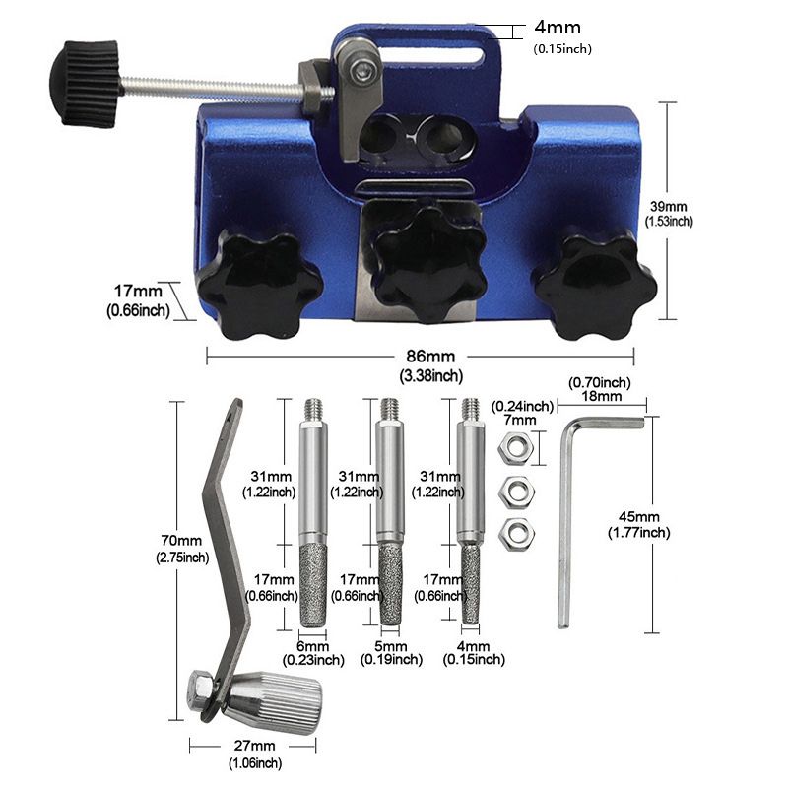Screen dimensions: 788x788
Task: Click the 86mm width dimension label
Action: click(x=430, y=357)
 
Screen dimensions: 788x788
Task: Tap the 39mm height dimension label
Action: click(x=669, y=206)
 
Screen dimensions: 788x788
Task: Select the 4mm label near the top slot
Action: click(x=558, y=28)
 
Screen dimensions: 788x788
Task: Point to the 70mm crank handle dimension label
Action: click(x=181, y=541)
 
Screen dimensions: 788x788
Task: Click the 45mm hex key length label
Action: click(x=638, y=516)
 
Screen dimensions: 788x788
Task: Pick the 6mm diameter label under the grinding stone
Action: click(x=312, y=646)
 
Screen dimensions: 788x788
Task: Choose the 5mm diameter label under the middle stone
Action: click(x=390, y=646)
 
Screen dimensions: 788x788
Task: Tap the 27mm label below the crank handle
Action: click(x=255, y=746)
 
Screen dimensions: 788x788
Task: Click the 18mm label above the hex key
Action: click(x=602, y=396)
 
